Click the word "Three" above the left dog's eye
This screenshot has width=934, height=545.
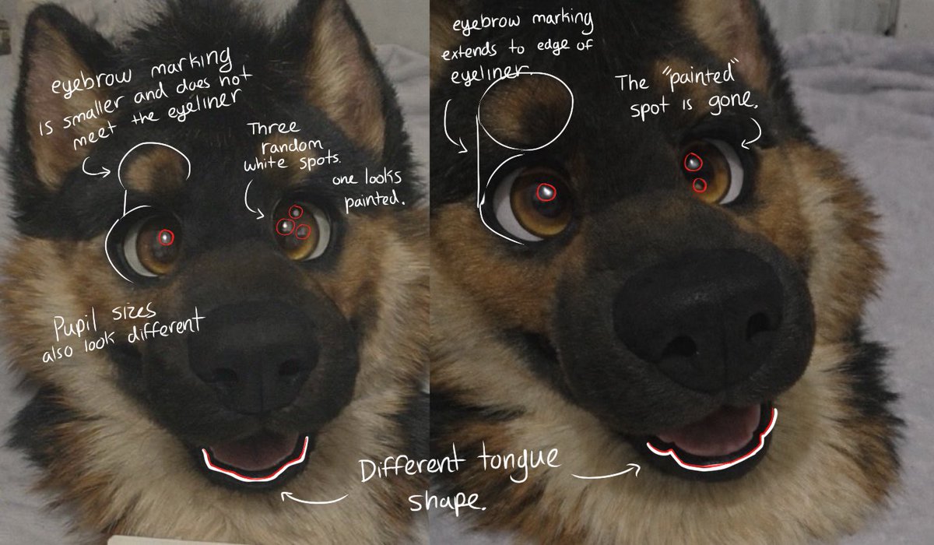tap(273, 128)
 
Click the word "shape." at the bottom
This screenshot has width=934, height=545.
tap(447, 501)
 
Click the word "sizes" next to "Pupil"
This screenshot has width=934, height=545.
tap(133, 312)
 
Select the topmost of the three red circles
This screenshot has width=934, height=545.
tap(295, 213)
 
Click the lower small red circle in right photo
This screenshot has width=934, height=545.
tap(699, 185)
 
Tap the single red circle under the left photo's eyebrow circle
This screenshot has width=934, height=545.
tap(166, 237)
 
